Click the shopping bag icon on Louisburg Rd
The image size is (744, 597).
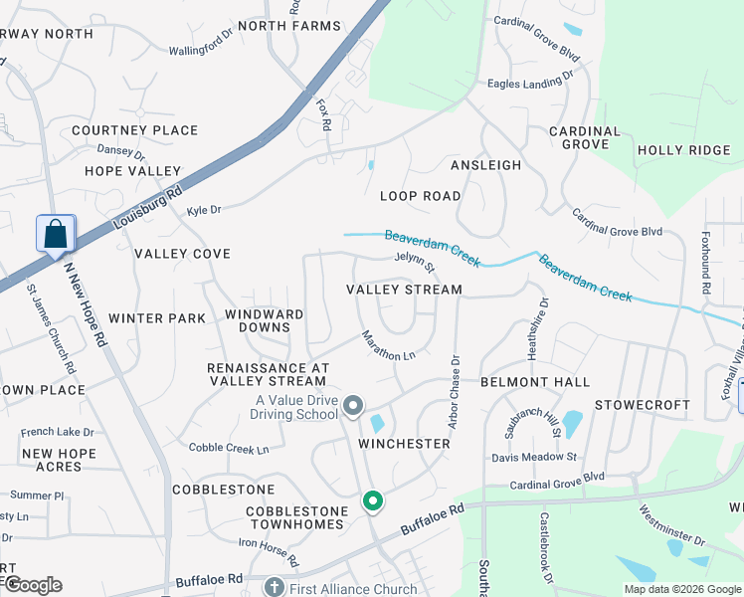pos(56,235)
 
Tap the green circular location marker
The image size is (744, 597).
pos(373,501)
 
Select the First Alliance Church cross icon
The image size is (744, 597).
pos(276,587)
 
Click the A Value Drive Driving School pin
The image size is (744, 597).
pos(353,405)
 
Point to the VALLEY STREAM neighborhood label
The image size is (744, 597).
pos(404,290)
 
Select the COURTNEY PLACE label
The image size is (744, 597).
pos(134,130)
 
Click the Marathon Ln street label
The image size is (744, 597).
pos(388,345)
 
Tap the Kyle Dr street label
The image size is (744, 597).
pos(203,210)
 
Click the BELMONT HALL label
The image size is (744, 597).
pos(535,382)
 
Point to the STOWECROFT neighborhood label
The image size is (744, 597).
pos(642,405)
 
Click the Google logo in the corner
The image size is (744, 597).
pos(32,585)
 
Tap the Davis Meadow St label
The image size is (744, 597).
pos(534,458)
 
